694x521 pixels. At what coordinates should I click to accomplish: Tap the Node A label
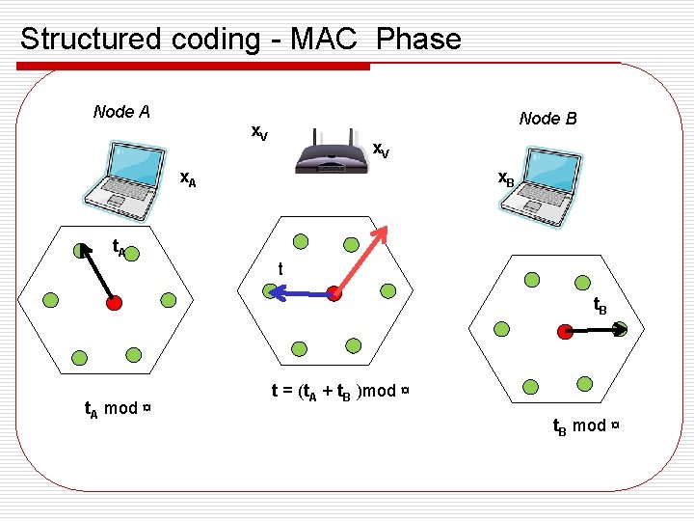click(x=121, y=112)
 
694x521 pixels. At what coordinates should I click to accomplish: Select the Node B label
click(x=547, y=119)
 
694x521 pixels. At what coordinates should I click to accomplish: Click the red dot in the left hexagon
click(x=114, y=303)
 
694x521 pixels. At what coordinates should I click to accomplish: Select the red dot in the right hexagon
click(x=564, y=331)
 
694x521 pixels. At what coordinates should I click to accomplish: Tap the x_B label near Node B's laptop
click(x=505, y=178)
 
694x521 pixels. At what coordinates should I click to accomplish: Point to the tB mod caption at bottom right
click(x=585, y=425)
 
